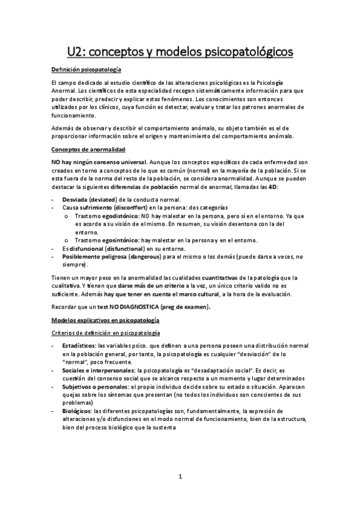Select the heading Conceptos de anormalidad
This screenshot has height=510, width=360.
pos(88,149)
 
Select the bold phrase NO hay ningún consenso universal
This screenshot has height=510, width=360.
pos(99,162)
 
